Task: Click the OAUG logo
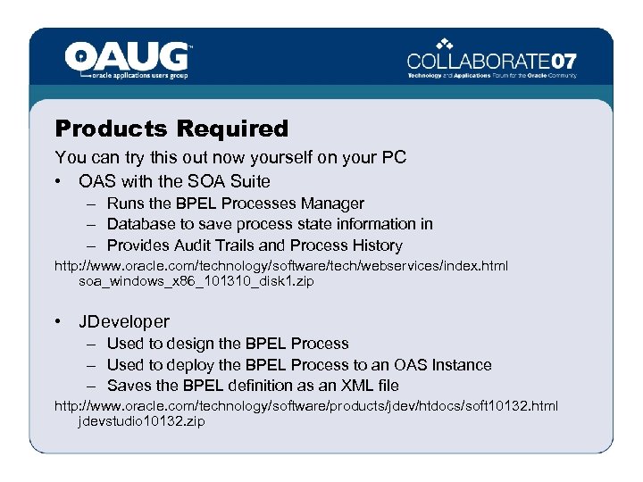click(128, 60)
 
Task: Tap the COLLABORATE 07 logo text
click(491, 61)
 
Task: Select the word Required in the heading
click(232, 129)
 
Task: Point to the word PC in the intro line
click(393, 158)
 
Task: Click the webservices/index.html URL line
click(281, 267)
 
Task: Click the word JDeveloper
click(123, 321)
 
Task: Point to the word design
click(192, 344)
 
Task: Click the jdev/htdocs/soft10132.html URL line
click(305, 406)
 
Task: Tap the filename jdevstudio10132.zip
click(141, 420)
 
